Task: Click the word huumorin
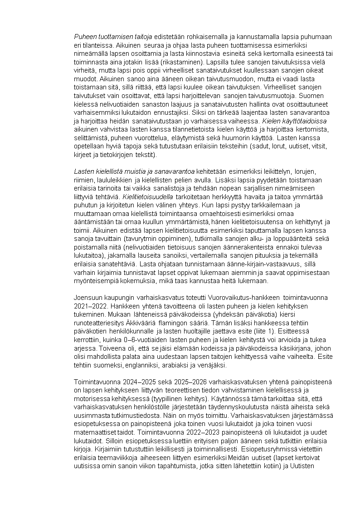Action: point(236,138)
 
